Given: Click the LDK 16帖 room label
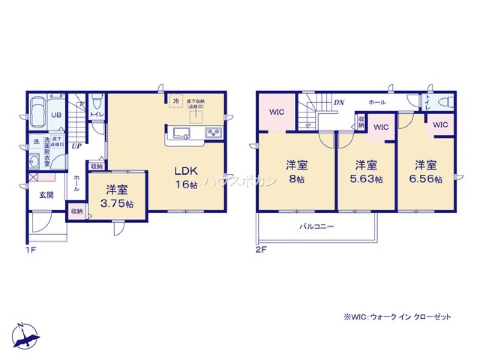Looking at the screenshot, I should click(183, 178).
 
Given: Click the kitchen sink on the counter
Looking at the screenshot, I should click(182, 133).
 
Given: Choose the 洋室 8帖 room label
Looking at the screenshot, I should click(297, 171).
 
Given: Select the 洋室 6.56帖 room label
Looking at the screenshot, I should click(426, 171).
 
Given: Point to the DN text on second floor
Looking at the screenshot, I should click(339, 102).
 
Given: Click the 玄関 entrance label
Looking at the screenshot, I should click(47, 194).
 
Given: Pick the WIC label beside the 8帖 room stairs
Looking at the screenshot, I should click(276, 112).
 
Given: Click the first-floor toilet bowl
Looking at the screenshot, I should click(96, 101).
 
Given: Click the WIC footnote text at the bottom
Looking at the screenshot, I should click(396, 317).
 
